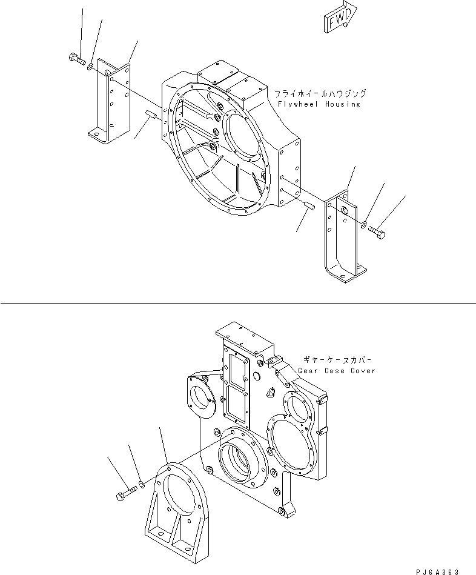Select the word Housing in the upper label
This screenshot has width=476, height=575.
(x=342, y=104)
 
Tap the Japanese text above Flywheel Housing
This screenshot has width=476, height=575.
(x=320, y=94)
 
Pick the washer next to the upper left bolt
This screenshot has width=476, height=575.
(x=90, y=65)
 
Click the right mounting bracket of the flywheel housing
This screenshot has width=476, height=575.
(x=343, y=236)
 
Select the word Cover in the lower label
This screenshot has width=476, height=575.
(x=362, y=370)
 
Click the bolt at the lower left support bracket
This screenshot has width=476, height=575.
(x=122, y=496)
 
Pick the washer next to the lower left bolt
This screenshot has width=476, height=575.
(x=140, y=484)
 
